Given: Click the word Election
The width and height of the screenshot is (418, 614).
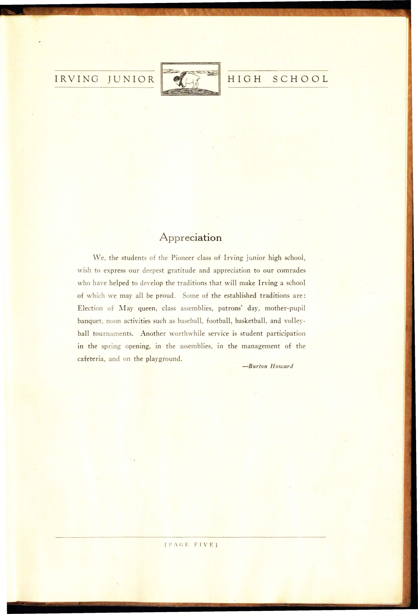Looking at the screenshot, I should point(90,308).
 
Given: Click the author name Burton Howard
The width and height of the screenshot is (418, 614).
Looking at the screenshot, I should point(268,366).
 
